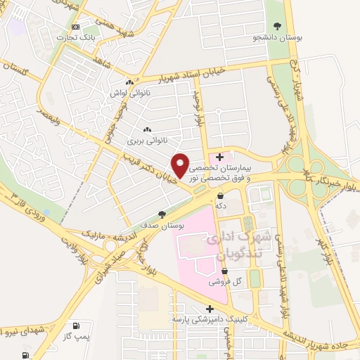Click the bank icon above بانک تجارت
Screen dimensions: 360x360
(x=75, y=27)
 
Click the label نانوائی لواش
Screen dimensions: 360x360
(x=127, y=92)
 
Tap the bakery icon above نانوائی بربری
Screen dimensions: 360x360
(x=147, y=129)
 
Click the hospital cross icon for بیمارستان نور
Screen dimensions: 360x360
(x=220, y=156)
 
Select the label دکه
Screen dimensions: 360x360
(x=221, y=206)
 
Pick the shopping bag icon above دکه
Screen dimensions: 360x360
(x=221, y=195)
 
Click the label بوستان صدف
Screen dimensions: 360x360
(x=162, y=225)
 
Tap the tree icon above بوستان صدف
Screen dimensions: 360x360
(x=162, y=214)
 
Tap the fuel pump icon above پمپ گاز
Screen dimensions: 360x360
(x=75, y=325)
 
